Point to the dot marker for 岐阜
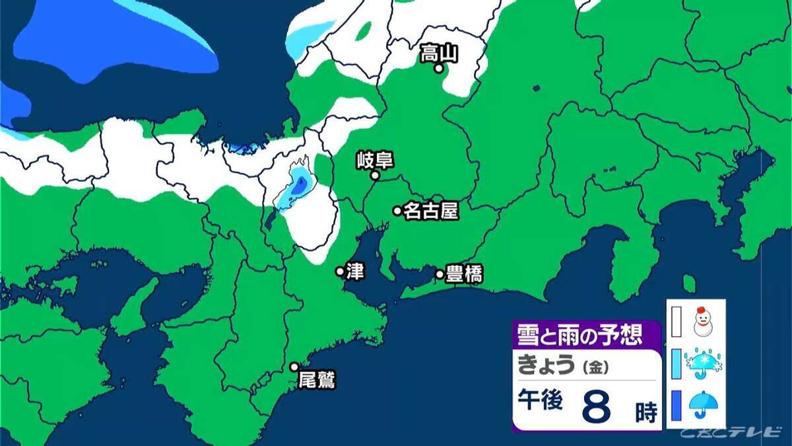tap(374, 176)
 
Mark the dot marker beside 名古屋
tap(397, 211)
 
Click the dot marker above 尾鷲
tap(294, 367)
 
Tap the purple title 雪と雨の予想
tap(578, 334)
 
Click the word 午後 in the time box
tap(540, 402)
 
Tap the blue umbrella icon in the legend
tap(704, 405)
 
